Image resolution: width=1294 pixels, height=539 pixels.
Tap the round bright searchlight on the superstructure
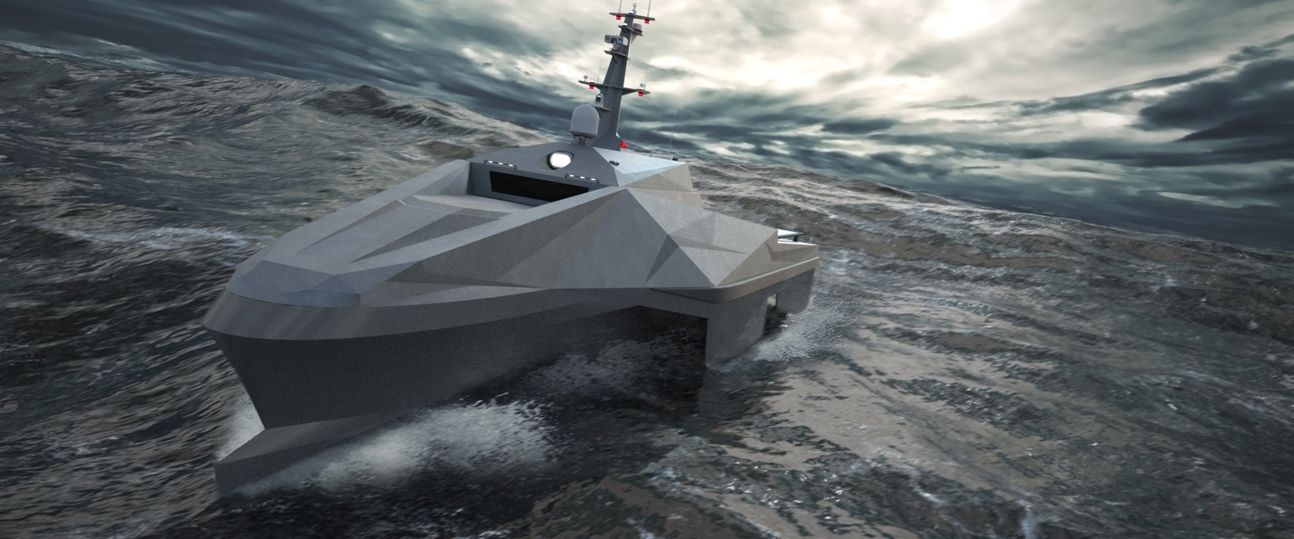[559, 159]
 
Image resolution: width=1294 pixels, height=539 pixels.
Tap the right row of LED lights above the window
[579, 175]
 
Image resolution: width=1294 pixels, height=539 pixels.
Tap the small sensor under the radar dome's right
[613, 162]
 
